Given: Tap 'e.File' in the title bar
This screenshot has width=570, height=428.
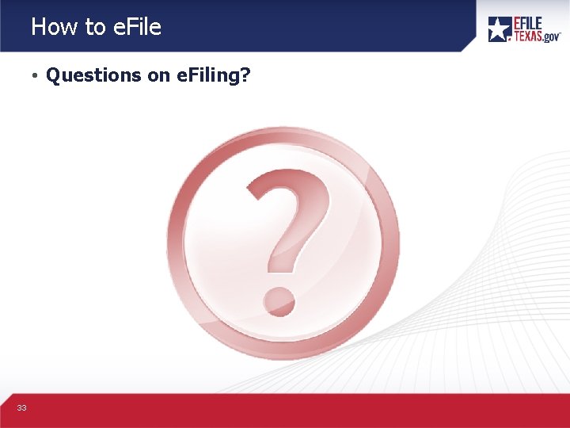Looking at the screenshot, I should (136, 27).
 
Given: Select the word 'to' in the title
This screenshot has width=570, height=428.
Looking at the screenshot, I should (95, 27).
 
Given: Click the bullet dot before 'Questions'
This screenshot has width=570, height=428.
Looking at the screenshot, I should (36, 76).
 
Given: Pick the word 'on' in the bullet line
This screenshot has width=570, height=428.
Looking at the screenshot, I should (155, 75).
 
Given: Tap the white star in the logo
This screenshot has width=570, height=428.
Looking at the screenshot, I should (499, 29).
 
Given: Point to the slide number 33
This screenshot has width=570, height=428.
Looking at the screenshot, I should (21, 407).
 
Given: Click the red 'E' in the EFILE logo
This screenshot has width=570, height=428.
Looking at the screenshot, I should (519, 23).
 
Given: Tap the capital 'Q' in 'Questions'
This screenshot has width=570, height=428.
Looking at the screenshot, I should (54, 75).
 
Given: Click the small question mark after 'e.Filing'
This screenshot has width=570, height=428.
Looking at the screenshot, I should (245, 75).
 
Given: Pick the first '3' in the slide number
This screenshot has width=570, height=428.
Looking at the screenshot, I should (19, 407).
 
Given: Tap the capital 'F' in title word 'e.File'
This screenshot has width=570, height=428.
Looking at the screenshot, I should (131, 27).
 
